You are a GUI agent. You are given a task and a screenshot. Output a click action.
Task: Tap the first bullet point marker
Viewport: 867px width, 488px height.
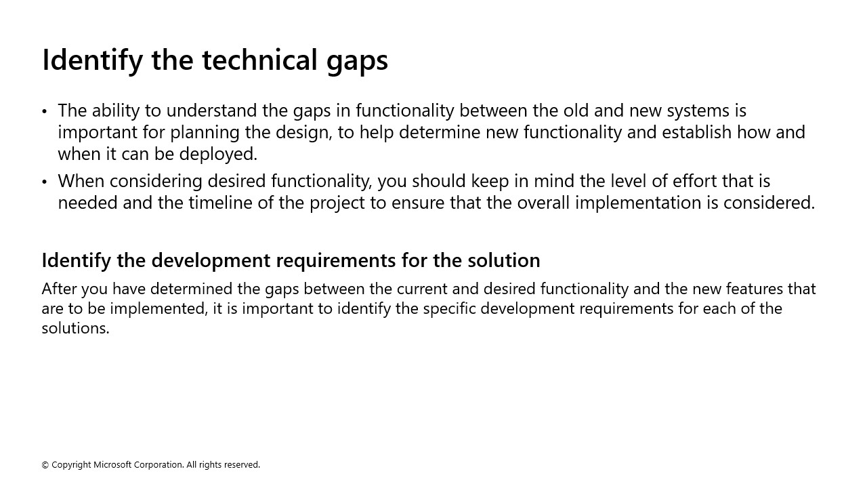tap(45, 111)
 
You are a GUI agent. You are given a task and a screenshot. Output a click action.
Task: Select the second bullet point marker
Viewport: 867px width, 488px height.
tap(45, 182)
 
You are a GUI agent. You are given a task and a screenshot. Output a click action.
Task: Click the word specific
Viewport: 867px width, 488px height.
tap(454, 308)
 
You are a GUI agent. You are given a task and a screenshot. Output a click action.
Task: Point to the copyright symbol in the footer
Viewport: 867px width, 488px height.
tap(45, 465)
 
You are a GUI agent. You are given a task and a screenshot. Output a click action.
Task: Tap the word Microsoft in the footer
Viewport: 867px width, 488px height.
tap(112, 465)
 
